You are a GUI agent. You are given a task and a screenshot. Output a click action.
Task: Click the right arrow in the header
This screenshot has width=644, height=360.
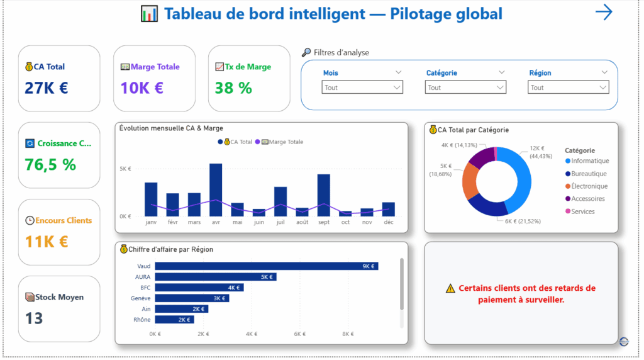coord(603,13)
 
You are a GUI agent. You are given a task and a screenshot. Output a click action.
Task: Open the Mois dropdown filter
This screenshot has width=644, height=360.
coord(362,88)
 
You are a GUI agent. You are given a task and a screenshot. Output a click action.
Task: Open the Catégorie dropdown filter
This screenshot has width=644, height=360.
coord(465,88)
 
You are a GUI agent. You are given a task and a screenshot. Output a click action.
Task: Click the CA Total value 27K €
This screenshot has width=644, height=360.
coord(46,87)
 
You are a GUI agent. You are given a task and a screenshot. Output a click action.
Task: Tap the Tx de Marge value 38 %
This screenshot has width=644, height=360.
coord(233,88)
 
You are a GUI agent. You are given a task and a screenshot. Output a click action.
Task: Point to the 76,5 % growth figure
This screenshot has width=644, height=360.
coord(50,165)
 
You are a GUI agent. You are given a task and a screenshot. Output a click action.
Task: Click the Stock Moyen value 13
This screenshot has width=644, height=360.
coord(34,318)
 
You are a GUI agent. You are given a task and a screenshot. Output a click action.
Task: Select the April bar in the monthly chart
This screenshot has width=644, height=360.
coord(216,189)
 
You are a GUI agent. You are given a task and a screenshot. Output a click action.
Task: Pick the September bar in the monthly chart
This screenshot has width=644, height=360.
coord(324,195)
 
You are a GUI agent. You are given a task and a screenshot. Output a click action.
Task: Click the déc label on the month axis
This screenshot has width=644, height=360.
coord(389,222)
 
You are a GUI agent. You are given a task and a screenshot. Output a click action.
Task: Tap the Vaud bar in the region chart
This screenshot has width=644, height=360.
coord(266,266)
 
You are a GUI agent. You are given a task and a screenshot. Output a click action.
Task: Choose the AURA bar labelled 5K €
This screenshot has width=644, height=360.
coord(215,277)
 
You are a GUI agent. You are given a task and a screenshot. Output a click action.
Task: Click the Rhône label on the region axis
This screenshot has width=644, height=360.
coord(142,319)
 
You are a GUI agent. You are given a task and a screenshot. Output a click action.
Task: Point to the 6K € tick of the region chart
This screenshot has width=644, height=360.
coord(299,334)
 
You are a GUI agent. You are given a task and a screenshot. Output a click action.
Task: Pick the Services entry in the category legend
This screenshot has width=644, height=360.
coord(582,211)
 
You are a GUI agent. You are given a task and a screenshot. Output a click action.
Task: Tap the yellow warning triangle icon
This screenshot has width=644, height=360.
coord(450,288)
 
